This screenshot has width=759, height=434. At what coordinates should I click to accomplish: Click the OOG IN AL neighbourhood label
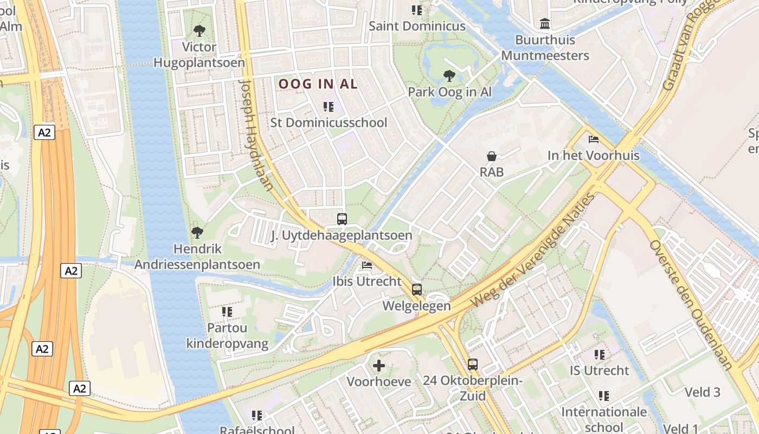[x=318, y=84]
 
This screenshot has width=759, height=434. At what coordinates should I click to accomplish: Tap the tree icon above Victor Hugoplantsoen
[x=199, y=30]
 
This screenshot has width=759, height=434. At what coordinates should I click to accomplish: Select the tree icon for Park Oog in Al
[x=449, y=75]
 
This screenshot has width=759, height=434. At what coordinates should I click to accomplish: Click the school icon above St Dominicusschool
[x=329, y=107]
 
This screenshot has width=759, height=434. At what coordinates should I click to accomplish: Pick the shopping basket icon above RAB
[x=492, y=157]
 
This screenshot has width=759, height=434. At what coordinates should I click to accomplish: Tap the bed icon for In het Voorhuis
[x=594, y=139]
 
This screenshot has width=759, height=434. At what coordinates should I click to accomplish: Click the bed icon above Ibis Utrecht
[x=367, y=266]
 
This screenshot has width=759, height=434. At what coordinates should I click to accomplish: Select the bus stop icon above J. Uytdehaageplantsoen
[x=342, y=219]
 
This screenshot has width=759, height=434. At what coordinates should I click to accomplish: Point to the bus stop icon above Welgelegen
[x=416, y=290]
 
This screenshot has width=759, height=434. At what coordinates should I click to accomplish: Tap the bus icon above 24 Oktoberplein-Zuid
[x=473, y=365]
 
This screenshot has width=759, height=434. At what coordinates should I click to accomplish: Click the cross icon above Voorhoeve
[x=379, y=366]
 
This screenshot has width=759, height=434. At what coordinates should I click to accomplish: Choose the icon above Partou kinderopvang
[x=227, y=312]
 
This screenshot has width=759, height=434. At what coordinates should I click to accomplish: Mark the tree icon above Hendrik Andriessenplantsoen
[x=197, y=233]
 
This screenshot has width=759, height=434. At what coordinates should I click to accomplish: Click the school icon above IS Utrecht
[x=599, y=355]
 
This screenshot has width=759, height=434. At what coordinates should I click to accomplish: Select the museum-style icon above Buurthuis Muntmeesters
[x=545, y=24]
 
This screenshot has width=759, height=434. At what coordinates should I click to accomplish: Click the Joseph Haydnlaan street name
[x=256, y=136]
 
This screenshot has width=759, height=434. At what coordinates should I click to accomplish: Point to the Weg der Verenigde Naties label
[x=533, y=250]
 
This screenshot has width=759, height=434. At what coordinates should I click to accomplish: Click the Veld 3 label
[x=702, y=392]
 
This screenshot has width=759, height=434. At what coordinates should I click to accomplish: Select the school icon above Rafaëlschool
[x=257, y=416]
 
